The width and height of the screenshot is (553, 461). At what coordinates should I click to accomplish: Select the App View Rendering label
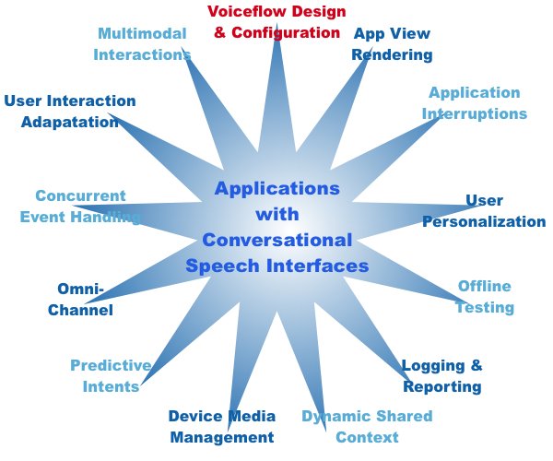tap(392, 43)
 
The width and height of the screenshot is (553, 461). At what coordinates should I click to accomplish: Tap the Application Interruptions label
tap(475, 102)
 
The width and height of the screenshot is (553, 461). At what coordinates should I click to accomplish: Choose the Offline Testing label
tap(485, 296)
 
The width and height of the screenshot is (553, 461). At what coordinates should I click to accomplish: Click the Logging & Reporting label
tap(442, 375)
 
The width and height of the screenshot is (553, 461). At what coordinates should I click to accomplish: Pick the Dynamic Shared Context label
tap(354, 426)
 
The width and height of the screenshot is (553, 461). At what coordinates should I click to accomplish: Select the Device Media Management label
tap(222, 426)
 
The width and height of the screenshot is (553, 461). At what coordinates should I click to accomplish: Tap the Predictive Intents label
tap(110, 375)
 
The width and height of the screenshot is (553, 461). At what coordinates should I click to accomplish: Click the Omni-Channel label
tap(81, 299)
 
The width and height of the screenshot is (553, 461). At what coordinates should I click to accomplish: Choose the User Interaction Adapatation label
tap(70, 111)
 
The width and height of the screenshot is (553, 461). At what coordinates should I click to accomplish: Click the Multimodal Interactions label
tap(142, 43)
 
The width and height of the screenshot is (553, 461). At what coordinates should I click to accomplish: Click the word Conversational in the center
tap(277, 240)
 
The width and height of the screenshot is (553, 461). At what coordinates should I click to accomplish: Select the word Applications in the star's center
tap(277, 188)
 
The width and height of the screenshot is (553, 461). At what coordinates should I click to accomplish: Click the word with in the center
tap(277, 214)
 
